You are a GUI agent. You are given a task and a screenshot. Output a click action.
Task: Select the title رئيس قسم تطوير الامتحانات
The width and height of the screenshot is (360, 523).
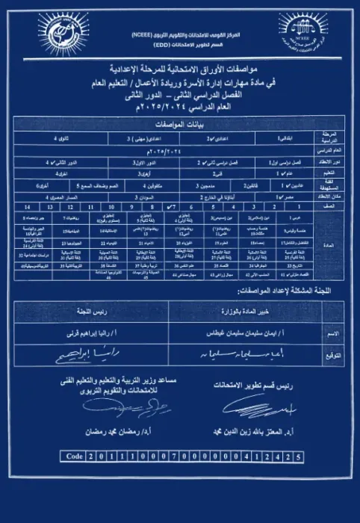pyautogui.click(x=254, y=386)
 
